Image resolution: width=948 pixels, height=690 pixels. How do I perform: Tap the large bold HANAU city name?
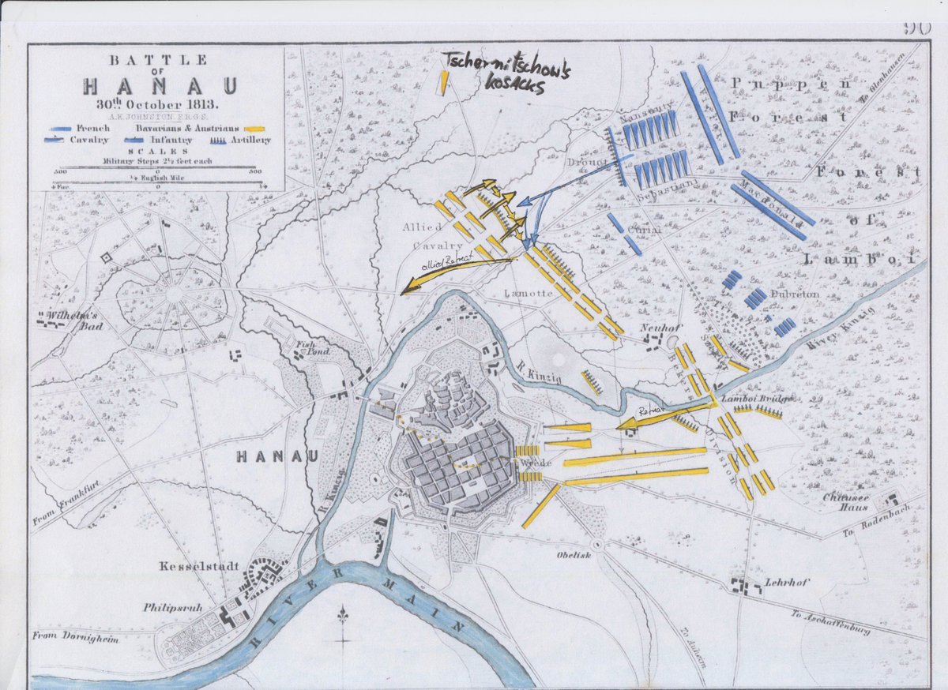pyautogui.click(x=277, y=456)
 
